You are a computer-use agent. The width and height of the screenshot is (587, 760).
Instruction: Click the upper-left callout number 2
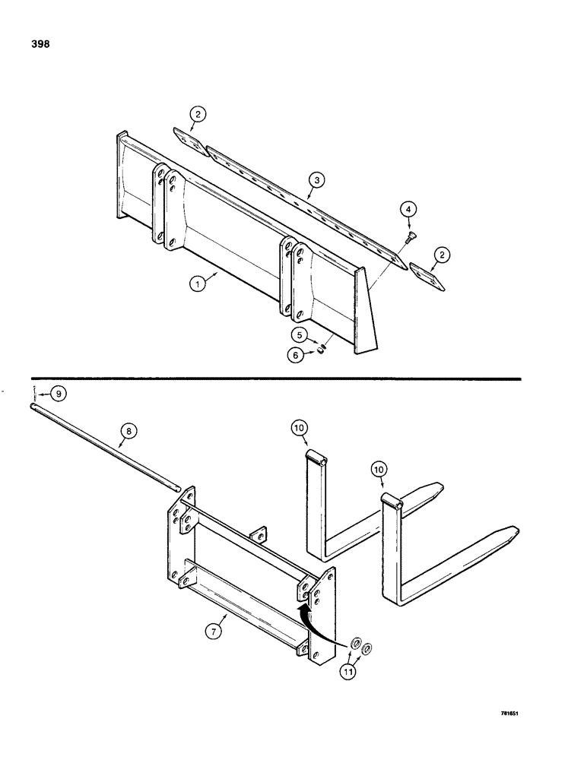(198, 115)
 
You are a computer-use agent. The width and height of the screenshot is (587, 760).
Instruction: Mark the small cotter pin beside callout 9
(35, 394)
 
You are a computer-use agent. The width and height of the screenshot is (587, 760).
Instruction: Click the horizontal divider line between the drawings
(274, 378)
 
